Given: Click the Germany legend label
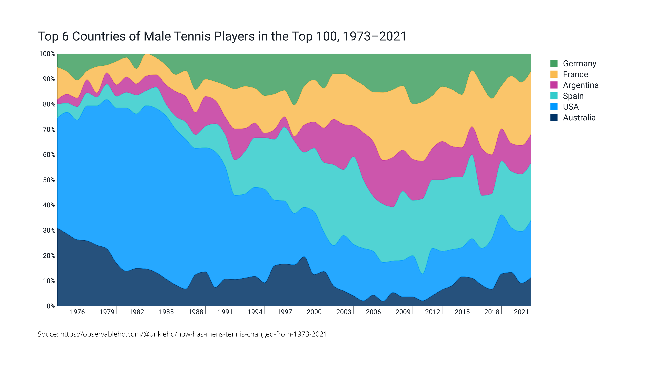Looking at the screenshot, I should pyautogui.click(x=579, y=64).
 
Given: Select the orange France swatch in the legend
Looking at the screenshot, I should pyautogui.click(x=554, y=74).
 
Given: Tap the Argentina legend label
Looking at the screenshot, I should pyautogui.click(x=580, y=85).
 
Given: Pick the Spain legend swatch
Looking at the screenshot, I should pyautogui.click(x=554, y=96).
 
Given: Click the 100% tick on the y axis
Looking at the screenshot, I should pyautogui.click(x=47, y=54).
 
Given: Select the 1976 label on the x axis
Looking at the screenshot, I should pyautogui.click(x=77, y=312).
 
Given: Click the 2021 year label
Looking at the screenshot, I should pyautogui.click(x=521, y=312).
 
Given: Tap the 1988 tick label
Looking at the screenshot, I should pyautogui.click(x=196, y=312).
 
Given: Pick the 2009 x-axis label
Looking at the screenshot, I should pyautogui.click(x=403, y=312).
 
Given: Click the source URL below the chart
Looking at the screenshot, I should pyautogui.click(x=193, y=334).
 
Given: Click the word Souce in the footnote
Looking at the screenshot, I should pyautogui.click(x=48, y=334).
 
